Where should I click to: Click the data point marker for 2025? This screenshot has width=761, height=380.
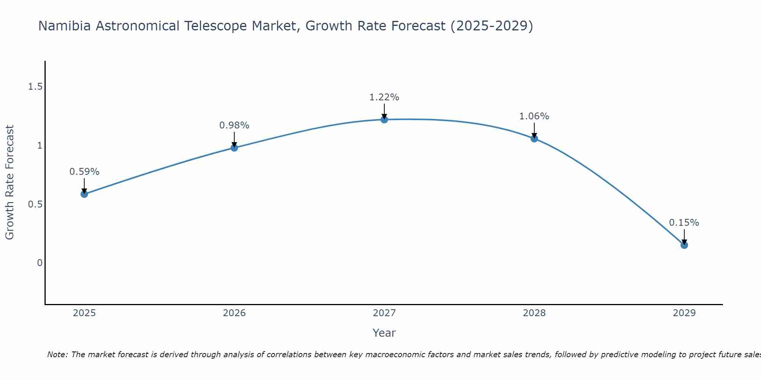[x=84, y=194]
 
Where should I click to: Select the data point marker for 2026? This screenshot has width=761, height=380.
[x=234, y=148]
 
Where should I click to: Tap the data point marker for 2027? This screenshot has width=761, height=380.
[x=384, y=120]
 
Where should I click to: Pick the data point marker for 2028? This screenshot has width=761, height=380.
[x=534, y=139]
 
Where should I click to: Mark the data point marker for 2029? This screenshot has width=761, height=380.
[x=684, y=245]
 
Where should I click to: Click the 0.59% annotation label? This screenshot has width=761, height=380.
[x=84, y=172]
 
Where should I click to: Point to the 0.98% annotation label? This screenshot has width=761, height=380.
[x=234, y=125]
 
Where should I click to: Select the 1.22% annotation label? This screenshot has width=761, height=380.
[x=384, y=97]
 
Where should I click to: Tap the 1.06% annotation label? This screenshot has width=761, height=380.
[x=534, y=116]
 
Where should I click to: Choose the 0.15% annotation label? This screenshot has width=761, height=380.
[x=684, y=223]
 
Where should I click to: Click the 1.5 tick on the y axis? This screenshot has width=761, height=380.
[x=35, y=87]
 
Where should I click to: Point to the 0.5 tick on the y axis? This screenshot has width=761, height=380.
[x=35, y=204]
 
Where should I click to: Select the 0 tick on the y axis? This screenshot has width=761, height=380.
[x=40, y=263]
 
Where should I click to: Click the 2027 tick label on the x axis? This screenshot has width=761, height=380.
[x=384, y=313]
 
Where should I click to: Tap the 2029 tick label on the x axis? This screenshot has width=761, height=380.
[x=684, y=313]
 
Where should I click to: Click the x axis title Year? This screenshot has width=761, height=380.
[x=384, y=333]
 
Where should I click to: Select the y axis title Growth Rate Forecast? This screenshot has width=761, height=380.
[x=10, y=182]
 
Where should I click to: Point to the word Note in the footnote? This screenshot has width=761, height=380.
[x=57, y=355]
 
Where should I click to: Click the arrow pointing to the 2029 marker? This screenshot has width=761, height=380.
[x=684, y=236]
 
